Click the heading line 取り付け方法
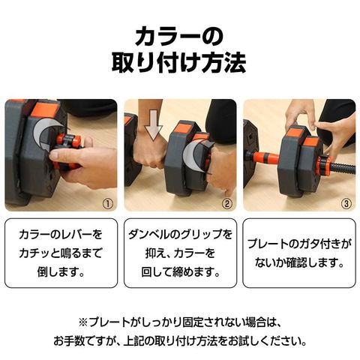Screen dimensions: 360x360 (180, 64)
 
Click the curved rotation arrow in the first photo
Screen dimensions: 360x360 (43, 139)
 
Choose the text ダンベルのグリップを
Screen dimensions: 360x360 (180, 234)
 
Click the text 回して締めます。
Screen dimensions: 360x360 (180, 271)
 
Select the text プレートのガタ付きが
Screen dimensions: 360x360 (298, 243)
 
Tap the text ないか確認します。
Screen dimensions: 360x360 (298, 262)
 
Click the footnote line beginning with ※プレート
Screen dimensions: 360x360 (180, 322)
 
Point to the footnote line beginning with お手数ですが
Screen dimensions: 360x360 (180, 341)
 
